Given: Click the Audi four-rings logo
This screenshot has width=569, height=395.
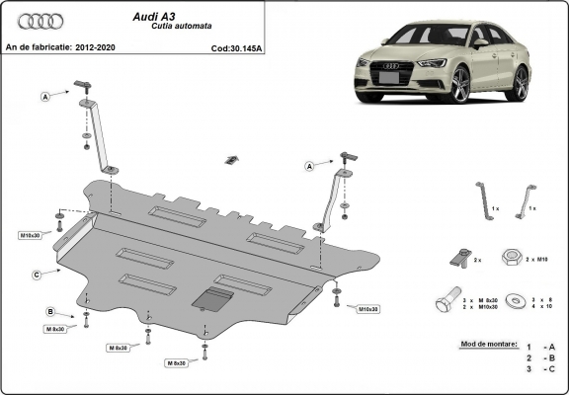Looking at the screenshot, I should pyautogui.click(x=39, y=21).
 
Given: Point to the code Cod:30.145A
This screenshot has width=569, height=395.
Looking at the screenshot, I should pyautogui.click(x=237, y=46).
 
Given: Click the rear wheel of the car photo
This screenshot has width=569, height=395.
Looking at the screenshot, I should pyautogui.click(x=521, y=82).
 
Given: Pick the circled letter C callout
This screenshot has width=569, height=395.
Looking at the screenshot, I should pyautogui.click(x=36, y=274).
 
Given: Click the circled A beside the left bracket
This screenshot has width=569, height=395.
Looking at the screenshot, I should pyautogui.click(x=45, y=97).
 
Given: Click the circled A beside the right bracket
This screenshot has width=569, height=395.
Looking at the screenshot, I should pyautogui.click(x=309, y=166).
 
